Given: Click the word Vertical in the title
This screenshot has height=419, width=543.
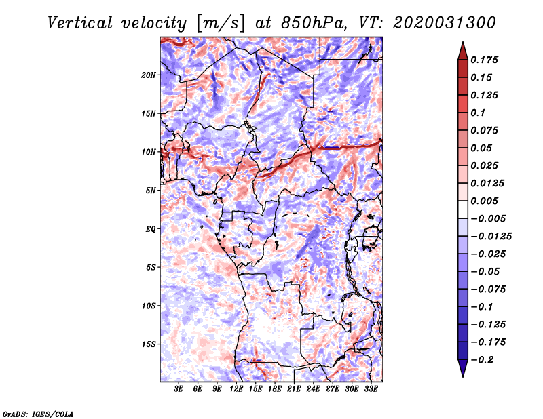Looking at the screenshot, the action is pos(79,23).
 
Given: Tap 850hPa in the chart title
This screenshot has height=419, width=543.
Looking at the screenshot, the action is pos(314,23).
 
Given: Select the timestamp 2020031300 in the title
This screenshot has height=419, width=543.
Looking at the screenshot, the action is pos(445,23).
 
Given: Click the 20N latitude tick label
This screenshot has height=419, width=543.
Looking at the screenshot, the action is pos(149,75).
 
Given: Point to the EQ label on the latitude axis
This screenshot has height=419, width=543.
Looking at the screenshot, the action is pos(151,229).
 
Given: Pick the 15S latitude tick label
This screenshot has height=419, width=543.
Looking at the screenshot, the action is pos(149,344).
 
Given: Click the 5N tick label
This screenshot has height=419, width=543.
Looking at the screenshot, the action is pos(151,191).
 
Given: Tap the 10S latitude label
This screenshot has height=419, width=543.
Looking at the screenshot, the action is pos(149,306).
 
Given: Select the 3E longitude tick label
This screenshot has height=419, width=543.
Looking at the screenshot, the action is pos(179,389).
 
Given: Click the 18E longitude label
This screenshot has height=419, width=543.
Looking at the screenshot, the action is pos(275,389).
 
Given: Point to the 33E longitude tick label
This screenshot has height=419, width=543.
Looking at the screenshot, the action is pos(371,389).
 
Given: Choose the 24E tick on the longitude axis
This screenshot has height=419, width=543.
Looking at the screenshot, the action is pos(313,389).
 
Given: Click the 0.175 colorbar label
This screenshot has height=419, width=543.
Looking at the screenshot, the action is pos(484,60).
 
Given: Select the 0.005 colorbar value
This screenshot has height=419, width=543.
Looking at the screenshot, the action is pos(484,201).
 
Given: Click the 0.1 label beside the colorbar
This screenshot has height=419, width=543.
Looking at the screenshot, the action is pos(478,113).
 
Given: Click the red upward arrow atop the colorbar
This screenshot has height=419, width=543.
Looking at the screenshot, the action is pos(463,52).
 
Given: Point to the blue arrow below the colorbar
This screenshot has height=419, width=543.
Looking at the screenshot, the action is pos(463,368).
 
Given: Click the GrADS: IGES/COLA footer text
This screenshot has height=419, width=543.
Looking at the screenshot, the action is pos(38,414).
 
